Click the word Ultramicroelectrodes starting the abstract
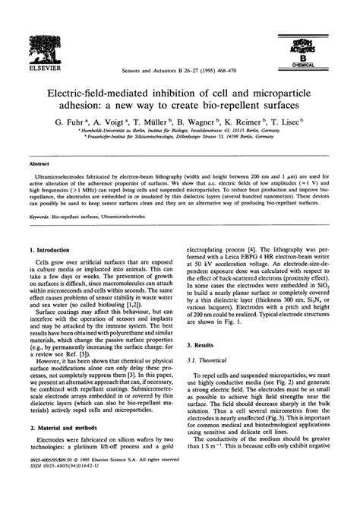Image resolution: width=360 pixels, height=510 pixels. tap(57, 175)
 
